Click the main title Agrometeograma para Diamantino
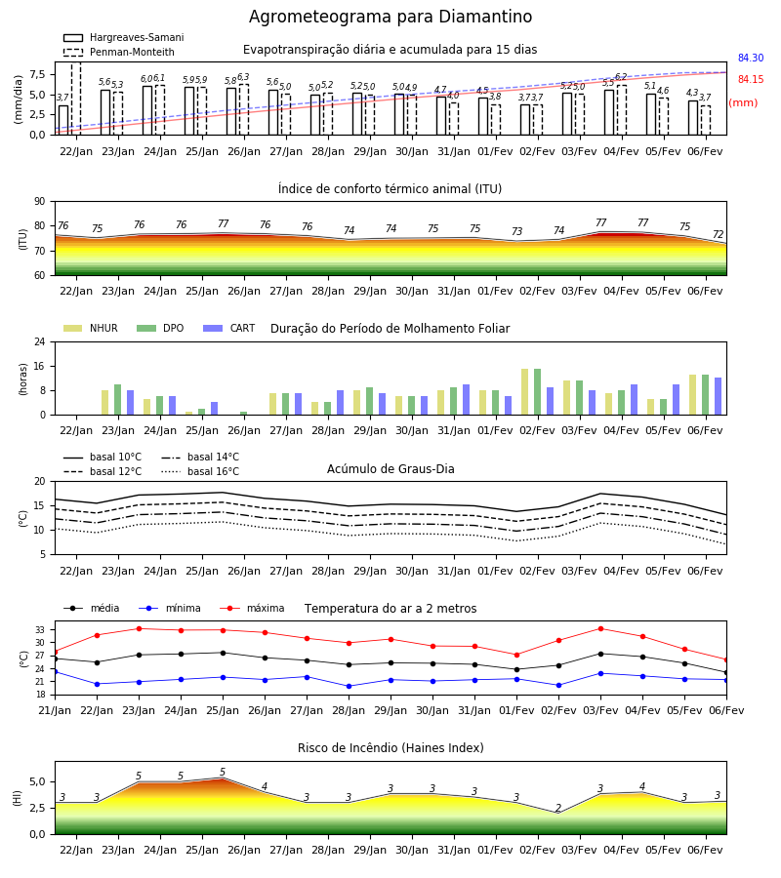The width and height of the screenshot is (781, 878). (390, 17)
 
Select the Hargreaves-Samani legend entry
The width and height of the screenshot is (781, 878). (123, 37)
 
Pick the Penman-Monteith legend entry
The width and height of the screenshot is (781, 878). (119, 52)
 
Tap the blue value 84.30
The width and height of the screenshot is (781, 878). (751, 58)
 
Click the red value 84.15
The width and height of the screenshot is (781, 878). (751, 80)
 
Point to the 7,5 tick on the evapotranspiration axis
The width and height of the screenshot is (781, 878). (37, 74)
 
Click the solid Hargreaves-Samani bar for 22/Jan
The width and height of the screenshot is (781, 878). (63, 120)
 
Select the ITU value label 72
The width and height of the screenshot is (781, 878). (719, 234)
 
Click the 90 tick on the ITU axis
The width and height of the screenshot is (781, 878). (40, 202)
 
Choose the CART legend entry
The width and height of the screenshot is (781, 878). (228, 328)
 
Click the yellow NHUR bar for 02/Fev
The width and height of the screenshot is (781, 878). (525, 391)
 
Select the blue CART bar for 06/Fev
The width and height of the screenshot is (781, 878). (719, 396)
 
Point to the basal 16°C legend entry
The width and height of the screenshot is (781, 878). (200, 471)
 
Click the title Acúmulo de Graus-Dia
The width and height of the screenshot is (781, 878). (390, 468)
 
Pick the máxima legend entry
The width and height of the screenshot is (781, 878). (252, 608)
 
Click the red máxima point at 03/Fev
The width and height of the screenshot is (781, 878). (600, 629)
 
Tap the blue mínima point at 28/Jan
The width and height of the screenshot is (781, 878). (349, 686)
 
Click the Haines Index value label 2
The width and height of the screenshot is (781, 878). (558, 808)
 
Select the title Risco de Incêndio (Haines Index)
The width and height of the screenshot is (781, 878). (390, 748)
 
